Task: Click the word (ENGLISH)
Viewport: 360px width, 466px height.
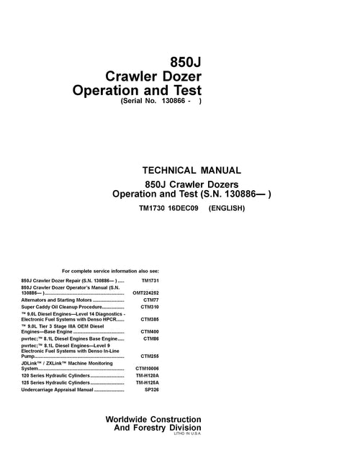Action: (228, 208)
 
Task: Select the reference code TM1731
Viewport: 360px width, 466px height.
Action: (150, 279)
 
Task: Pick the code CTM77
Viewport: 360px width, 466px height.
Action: (150, 300)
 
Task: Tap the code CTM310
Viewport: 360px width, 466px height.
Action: (150, 308)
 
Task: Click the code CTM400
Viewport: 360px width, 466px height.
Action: (150, 332)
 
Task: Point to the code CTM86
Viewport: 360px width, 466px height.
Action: (150, 339)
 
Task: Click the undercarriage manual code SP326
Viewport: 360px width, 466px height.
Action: (150, 390)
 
